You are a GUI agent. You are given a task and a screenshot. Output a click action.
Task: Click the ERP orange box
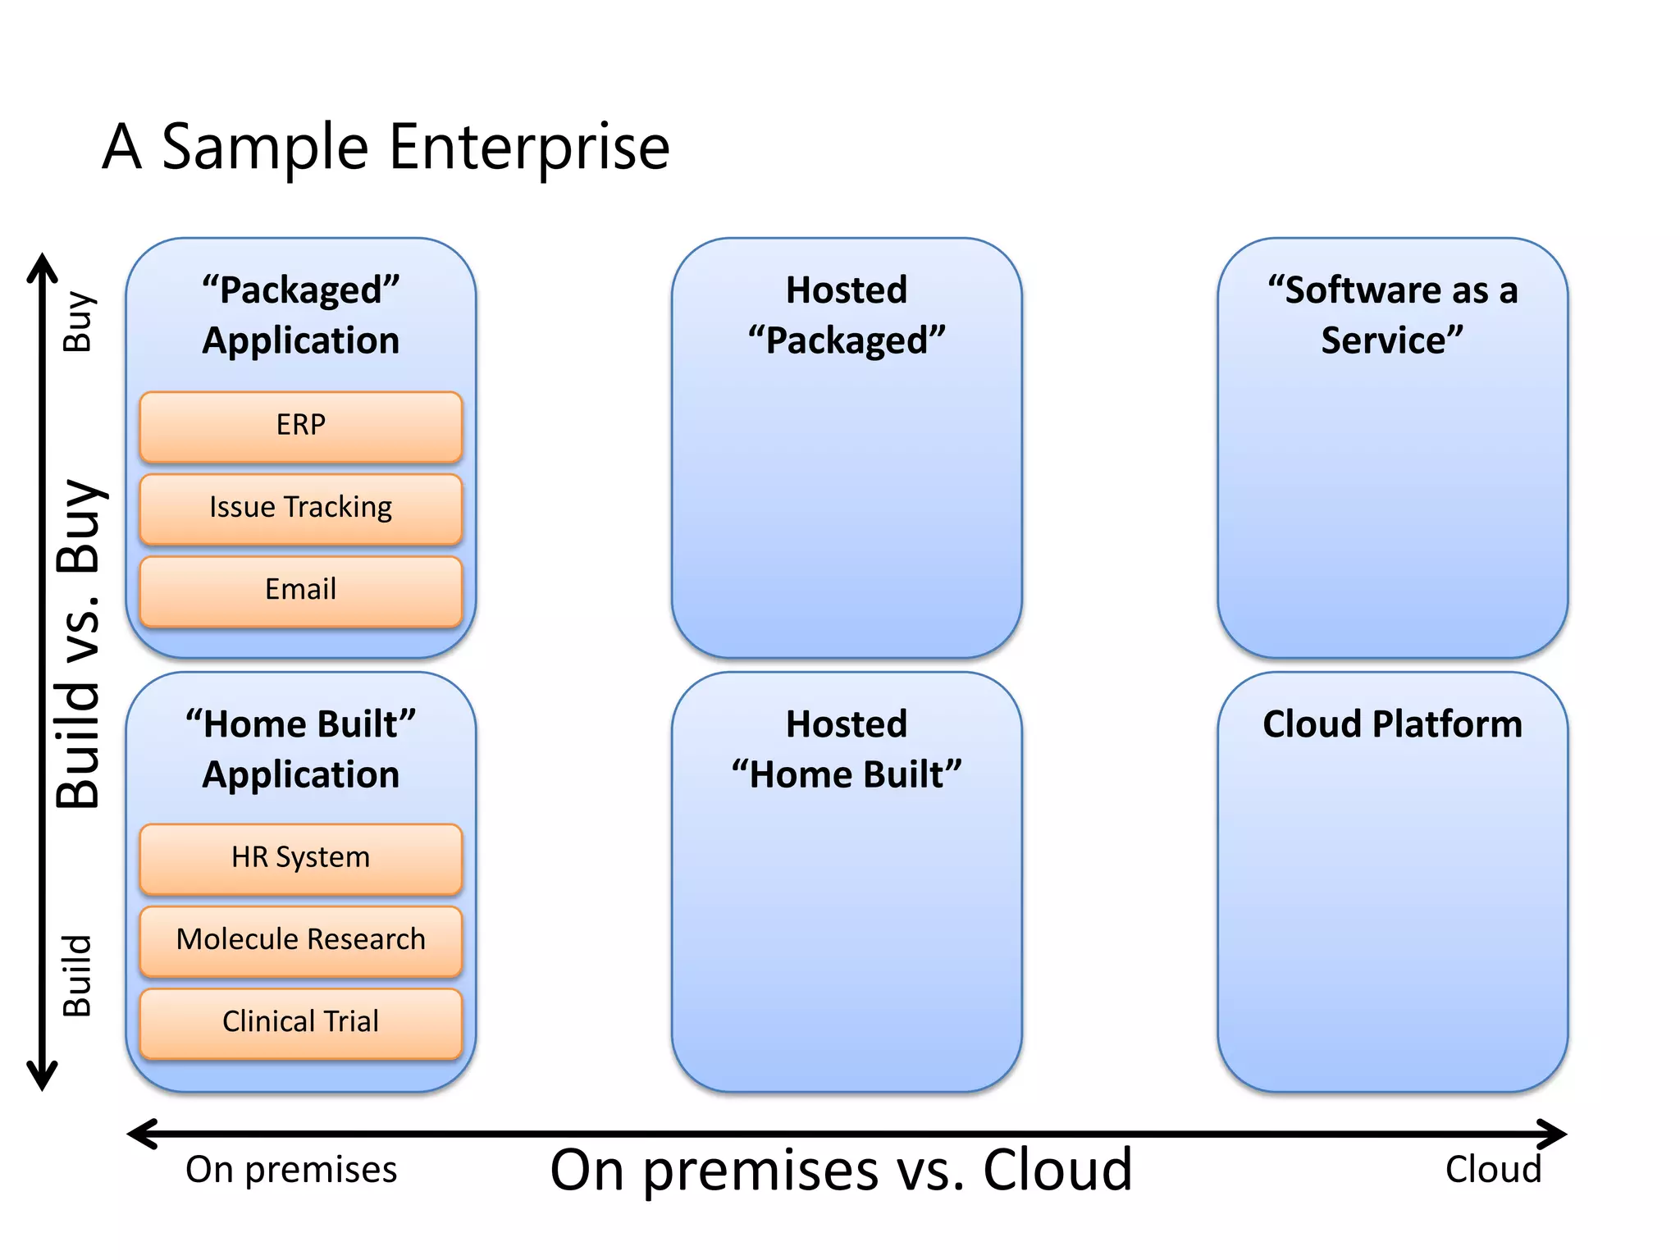click(300, 426)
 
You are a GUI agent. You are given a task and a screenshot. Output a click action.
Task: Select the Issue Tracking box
click(300, 508)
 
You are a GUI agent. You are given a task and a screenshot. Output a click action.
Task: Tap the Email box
click(300, 590)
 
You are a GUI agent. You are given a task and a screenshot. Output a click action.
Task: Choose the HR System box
click(300, 858)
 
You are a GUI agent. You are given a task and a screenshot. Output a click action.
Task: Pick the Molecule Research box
click(300, 940)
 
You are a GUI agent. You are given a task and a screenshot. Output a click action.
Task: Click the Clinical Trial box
click(300, 1022)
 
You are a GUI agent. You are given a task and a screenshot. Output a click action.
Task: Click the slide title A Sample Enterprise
click(386, 148)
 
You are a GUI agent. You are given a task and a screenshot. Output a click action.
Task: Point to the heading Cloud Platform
click(1392, 724)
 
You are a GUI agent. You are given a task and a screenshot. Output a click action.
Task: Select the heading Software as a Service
click(1392, 315)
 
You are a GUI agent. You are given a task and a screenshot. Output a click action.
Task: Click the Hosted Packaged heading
click(847, 315)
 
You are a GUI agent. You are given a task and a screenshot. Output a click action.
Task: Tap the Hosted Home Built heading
click(847, 749)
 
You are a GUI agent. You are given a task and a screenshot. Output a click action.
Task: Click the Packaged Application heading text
click(300, 315)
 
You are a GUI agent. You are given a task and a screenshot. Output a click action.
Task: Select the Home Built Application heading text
click(300, 749)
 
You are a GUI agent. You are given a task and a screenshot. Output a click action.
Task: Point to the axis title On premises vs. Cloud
click(841, 1170)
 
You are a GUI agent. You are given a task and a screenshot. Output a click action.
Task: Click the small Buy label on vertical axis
click(79, 322)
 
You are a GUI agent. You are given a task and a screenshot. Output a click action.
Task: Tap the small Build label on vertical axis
click(79, 976)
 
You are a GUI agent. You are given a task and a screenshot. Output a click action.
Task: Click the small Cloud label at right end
click(1493, 1170)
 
